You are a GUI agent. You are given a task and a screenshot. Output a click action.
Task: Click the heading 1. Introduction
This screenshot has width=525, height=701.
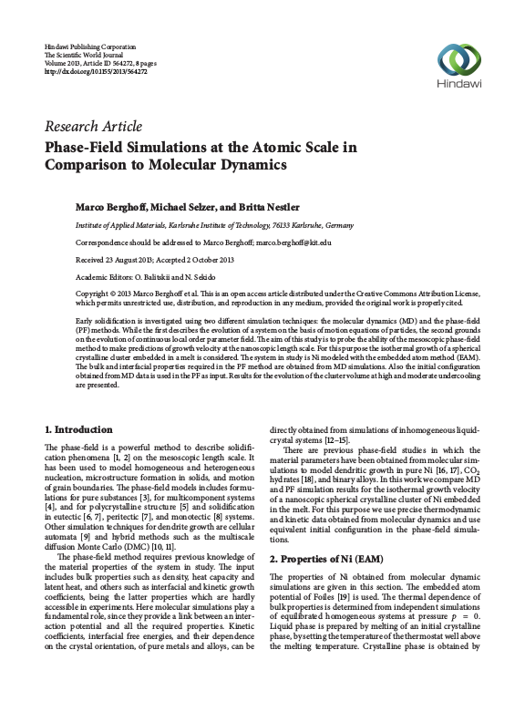tap(79, 428)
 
